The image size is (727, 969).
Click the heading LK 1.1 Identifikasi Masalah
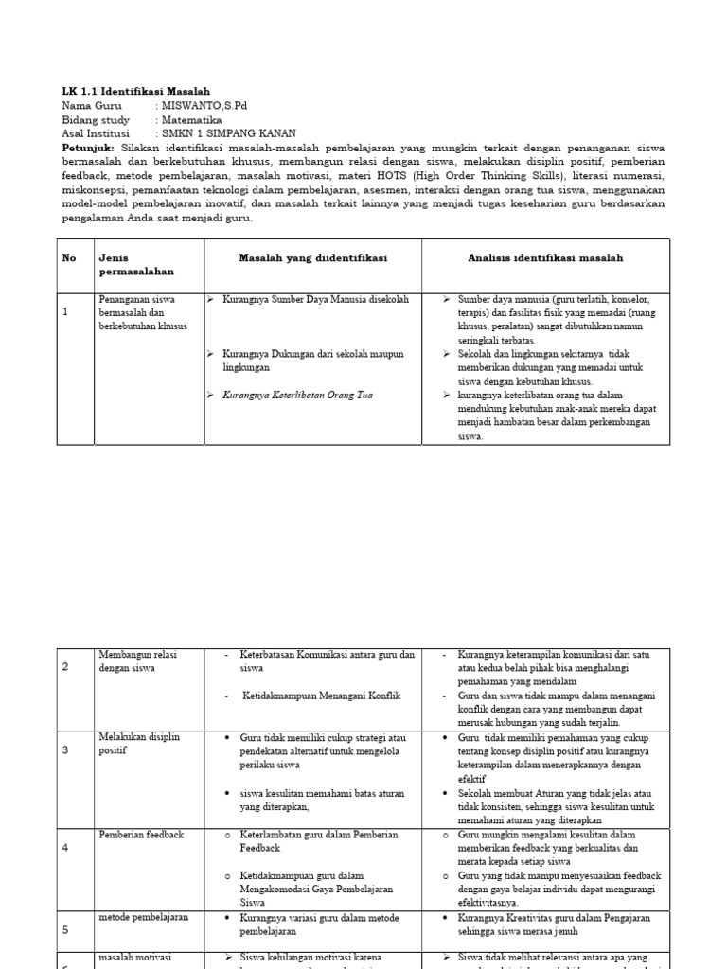coord(136,91)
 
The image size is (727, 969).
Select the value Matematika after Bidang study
coord(192,120)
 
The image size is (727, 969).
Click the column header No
coord(69,257)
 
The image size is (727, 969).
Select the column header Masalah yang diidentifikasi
coord(312,257)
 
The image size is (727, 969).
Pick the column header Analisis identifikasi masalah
coord(545,257)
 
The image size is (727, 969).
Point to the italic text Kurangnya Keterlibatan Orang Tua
coord(297,395)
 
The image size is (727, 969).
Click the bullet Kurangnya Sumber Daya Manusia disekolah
coord(315,299)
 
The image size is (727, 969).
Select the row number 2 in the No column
coord(66,667)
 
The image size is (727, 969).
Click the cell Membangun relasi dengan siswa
coord(137,661)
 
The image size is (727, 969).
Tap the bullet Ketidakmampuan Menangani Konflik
coord(322,696)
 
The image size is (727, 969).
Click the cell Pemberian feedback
coord(141,835)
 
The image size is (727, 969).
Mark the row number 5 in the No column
coord(66,930)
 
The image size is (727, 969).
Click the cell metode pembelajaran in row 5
coord(144,917)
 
